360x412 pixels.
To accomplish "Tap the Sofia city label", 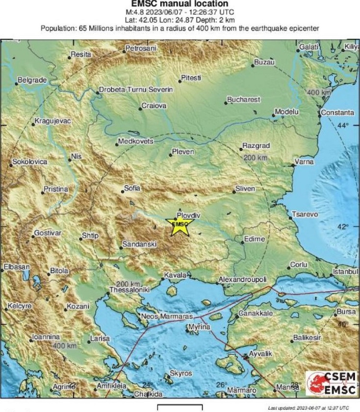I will point(132,188).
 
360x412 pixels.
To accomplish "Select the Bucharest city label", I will point(243,100).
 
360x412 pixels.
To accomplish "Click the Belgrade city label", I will point(32,80).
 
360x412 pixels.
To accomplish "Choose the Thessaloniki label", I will point(129,290).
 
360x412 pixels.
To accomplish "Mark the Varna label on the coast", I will point(304,162).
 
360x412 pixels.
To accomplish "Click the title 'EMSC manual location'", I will point(180,4).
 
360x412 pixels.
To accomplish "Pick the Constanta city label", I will point(337,113).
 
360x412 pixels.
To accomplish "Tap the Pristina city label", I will point(56,189).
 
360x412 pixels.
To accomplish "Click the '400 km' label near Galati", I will point(319,93).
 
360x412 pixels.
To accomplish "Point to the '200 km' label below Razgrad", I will point(256,157).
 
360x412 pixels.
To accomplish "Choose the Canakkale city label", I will point(256,313).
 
